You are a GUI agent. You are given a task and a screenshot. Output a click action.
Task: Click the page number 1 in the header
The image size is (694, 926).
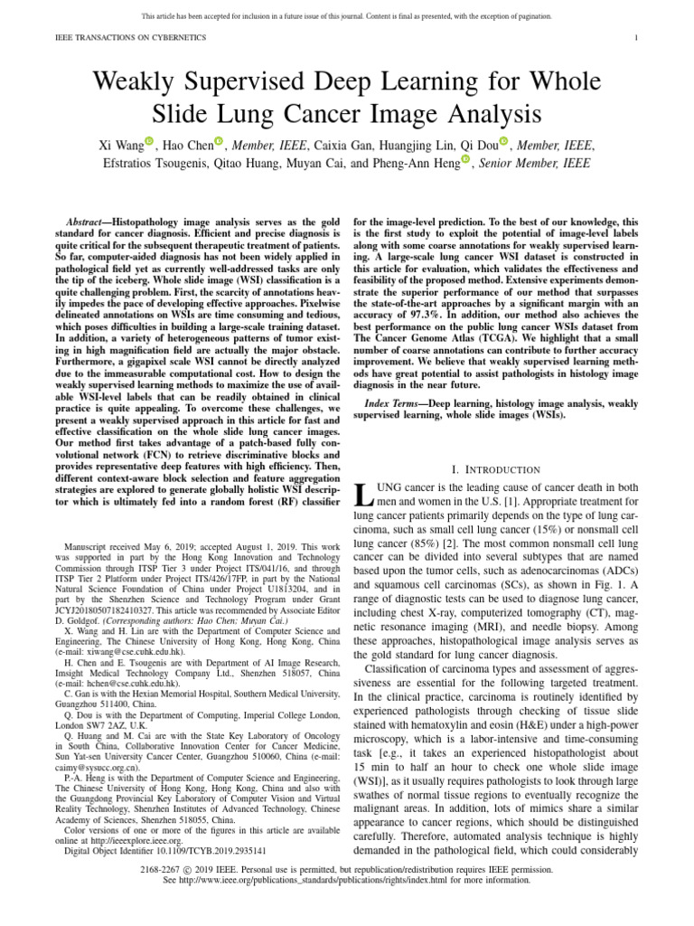click(638, 37)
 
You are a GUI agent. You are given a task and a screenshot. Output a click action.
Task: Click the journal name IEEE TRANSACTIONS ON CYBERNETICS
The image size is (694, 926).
click(132, 37)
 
